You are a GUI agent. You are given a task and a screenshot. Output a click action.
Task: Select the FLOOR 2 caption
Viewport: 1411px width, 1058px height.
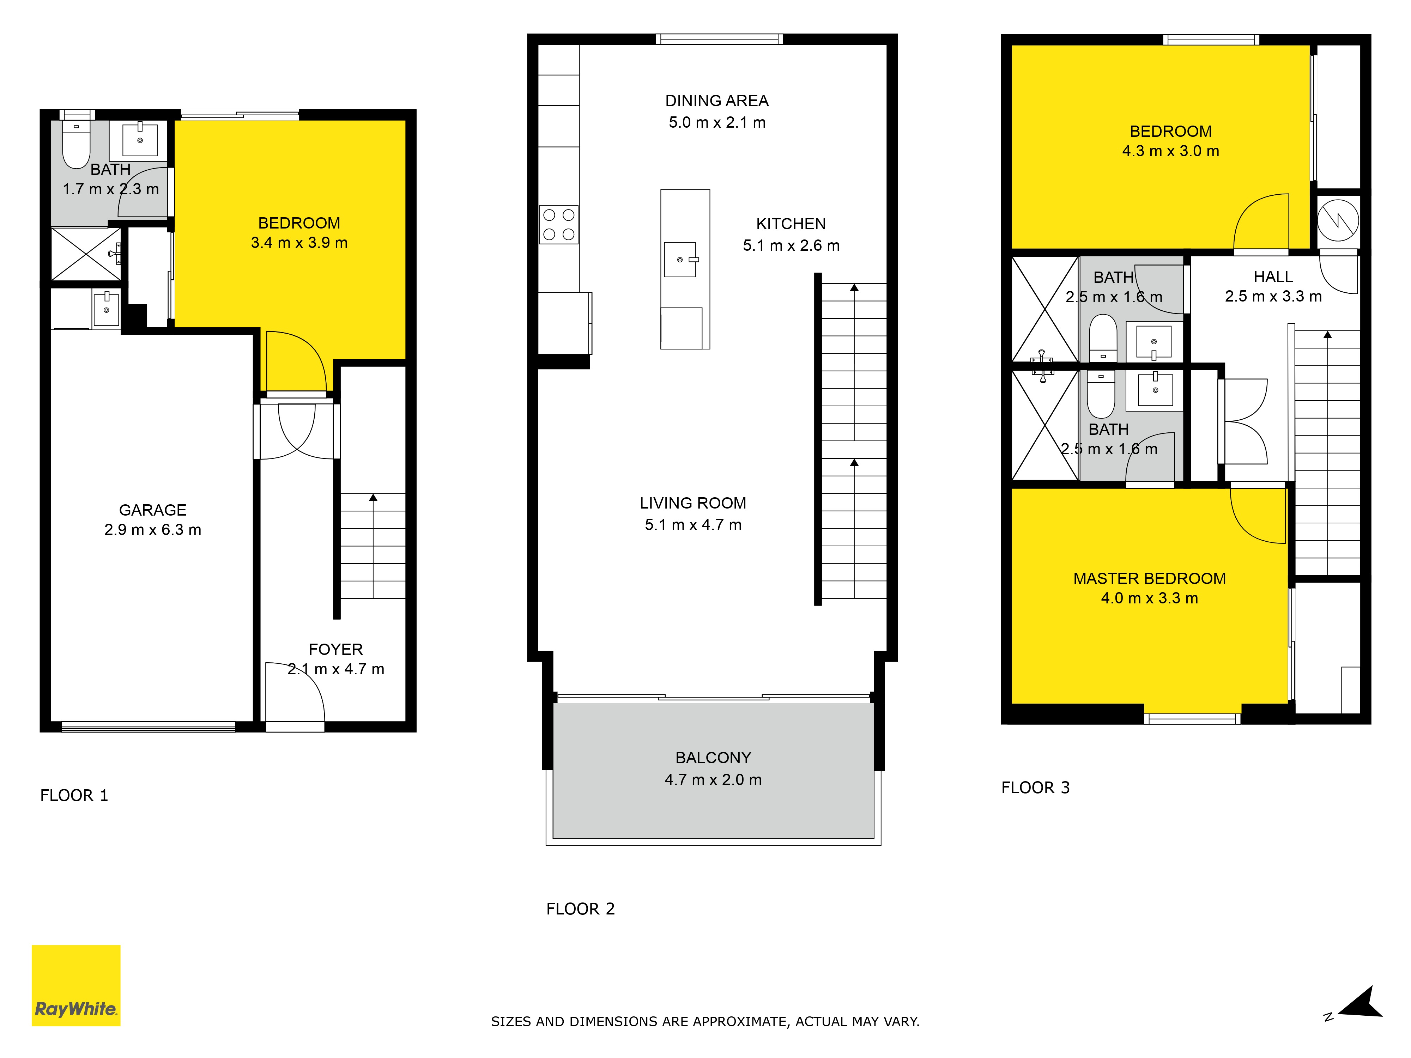[581, 909]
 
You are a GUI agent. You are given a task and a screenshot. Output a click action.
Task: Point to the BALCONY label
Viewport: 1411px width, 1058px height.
[713, 758]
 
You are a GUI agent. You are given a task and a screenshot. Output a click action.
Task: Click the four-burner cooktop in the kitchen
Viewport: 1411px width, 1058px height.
[559, 225]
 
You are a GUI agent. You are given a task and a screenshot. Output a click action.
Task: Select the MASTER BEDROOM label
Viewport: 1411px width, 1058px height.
[1150, 578]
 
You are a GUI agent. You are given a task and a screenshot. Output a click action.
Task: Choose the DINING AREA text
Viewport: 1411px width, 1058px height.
[717, 101]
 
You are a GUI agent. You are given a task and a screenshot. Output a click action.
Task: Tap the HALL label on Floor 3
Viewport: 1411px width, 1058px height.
[1273, 277]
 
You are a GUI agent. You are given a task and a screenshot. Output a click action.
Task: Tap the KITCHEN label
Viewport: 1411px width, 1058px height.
[791, 224]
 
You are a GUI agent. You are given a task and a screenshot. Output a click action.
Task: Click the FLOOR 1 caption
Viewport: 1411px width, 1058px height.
[74, 795]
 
